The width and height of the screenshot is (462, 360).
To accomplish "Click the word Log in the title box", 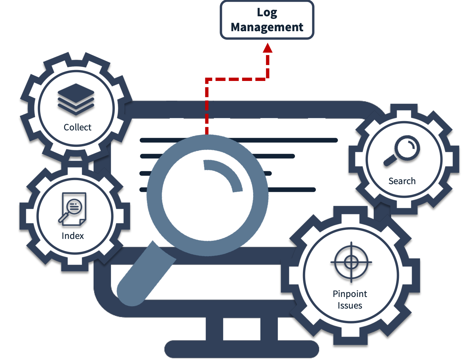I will [267, 13].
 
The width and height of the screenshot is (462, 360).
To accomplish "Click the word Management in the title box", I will [267, 27].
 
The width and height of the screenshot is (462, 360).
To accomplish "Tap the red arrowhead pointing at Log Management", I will [267, 48].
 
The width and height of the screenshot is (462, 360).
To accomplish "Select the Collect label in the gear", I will [77, 127].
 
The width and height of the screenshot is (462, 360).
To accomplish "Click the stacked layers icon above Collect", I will [76, 99].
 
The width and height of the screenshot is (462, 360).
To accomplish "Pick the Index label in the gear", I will [73, 236].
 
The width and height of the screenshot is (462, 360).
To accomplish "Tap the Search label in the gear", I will [402, 181].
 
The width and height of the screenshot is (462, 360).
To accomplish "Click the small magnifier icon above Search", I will [402, 150].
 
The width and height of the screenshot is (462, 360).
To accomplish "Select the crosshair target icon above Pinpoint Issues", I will [351, 262].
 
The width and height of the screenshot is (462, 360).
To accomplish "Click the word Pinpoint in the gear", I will [350, 294].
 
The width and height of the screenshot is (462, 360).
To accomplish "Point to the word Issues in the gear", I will [350, 306].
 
